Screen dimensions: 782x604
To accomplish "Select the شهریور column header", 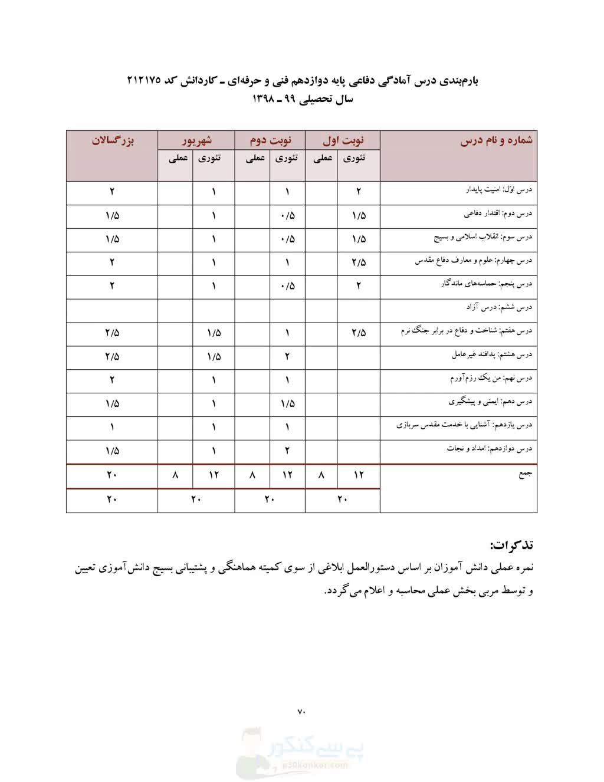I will (x=196, y=140).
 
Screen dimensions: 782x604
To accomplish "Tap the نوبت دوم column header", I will (x=270, y=140).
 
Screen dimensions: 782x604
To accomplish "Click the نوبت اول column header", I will (x=343, y=140).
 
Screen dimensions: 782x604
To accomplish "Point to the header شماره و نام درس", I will (x=496, y=140).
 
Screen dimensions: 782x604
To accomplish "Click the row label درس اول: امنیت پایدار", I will (x=498, y=190).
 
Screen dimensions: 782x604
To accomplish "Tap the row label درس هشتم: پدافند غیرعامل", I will (x=492, y=354).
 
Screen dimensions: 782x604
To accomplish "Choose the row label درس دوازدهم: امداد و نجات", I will (x=489, y=449).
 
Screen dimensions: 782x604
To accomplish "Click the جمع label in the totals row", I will (x=525, y=474).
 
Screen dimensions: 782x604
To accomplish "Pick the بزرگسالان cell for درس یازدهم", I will (x=112, y=428).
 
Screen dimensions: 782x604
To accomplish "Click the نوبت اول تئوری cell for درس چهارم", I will (x=359, y=262).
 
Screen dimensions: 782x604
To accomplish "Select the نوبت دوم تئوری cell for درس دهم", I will (x=287, y=404).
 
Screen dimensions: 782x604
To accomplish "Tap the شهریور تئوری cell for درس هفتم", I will (x=214, y=333).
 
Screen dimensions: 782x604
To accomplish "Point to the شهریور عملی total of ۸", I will (x=175, y=475).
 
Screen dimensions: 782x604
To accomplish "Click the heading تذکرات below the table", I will (x=511, y=544).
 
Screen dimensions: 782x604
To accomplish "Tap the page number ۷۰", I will (x=301, y=712).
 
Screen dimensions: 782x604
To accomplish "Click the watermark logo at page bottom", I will (x=301, y=752).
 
